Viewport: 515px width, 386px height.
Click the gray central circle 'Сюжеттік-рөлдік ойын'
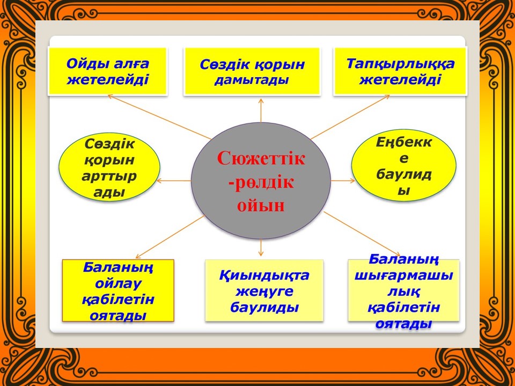261,181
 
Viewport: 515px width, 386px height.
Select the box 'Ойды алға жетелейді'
108,71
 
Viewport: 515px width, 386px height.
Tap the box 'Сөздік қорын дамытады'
252,71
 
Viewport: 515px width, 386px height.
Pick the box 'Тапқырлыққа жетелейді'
400,71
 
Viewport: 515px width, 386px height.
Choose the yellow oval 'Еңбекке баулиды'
403,165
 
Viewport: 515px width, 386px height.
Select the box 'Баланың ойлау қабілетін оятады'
118,291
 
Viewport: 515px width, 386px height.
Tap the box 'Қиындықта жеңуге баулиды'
264,291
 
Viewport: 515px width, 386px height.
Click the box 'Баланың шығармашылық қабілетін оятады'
403,291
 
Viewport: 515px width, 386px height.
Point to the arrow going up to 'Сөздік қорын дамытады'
261,110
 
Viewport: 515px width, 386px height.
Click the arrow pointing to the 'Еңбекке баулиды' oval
343,181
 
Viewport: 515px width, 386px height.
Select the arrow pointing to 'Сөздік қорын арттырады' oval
174,181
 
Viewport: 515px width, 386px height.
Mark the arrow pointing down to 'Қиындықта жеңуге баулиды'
261,248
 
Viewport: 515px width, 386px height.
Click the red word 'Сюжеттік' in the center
261,158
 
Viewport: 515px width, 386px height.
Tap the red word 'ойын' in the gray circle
261,205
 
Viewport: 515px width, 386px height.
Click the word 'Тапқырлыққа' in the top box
400,64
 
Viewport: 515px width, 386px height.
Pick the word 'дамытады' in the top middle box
252,80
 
